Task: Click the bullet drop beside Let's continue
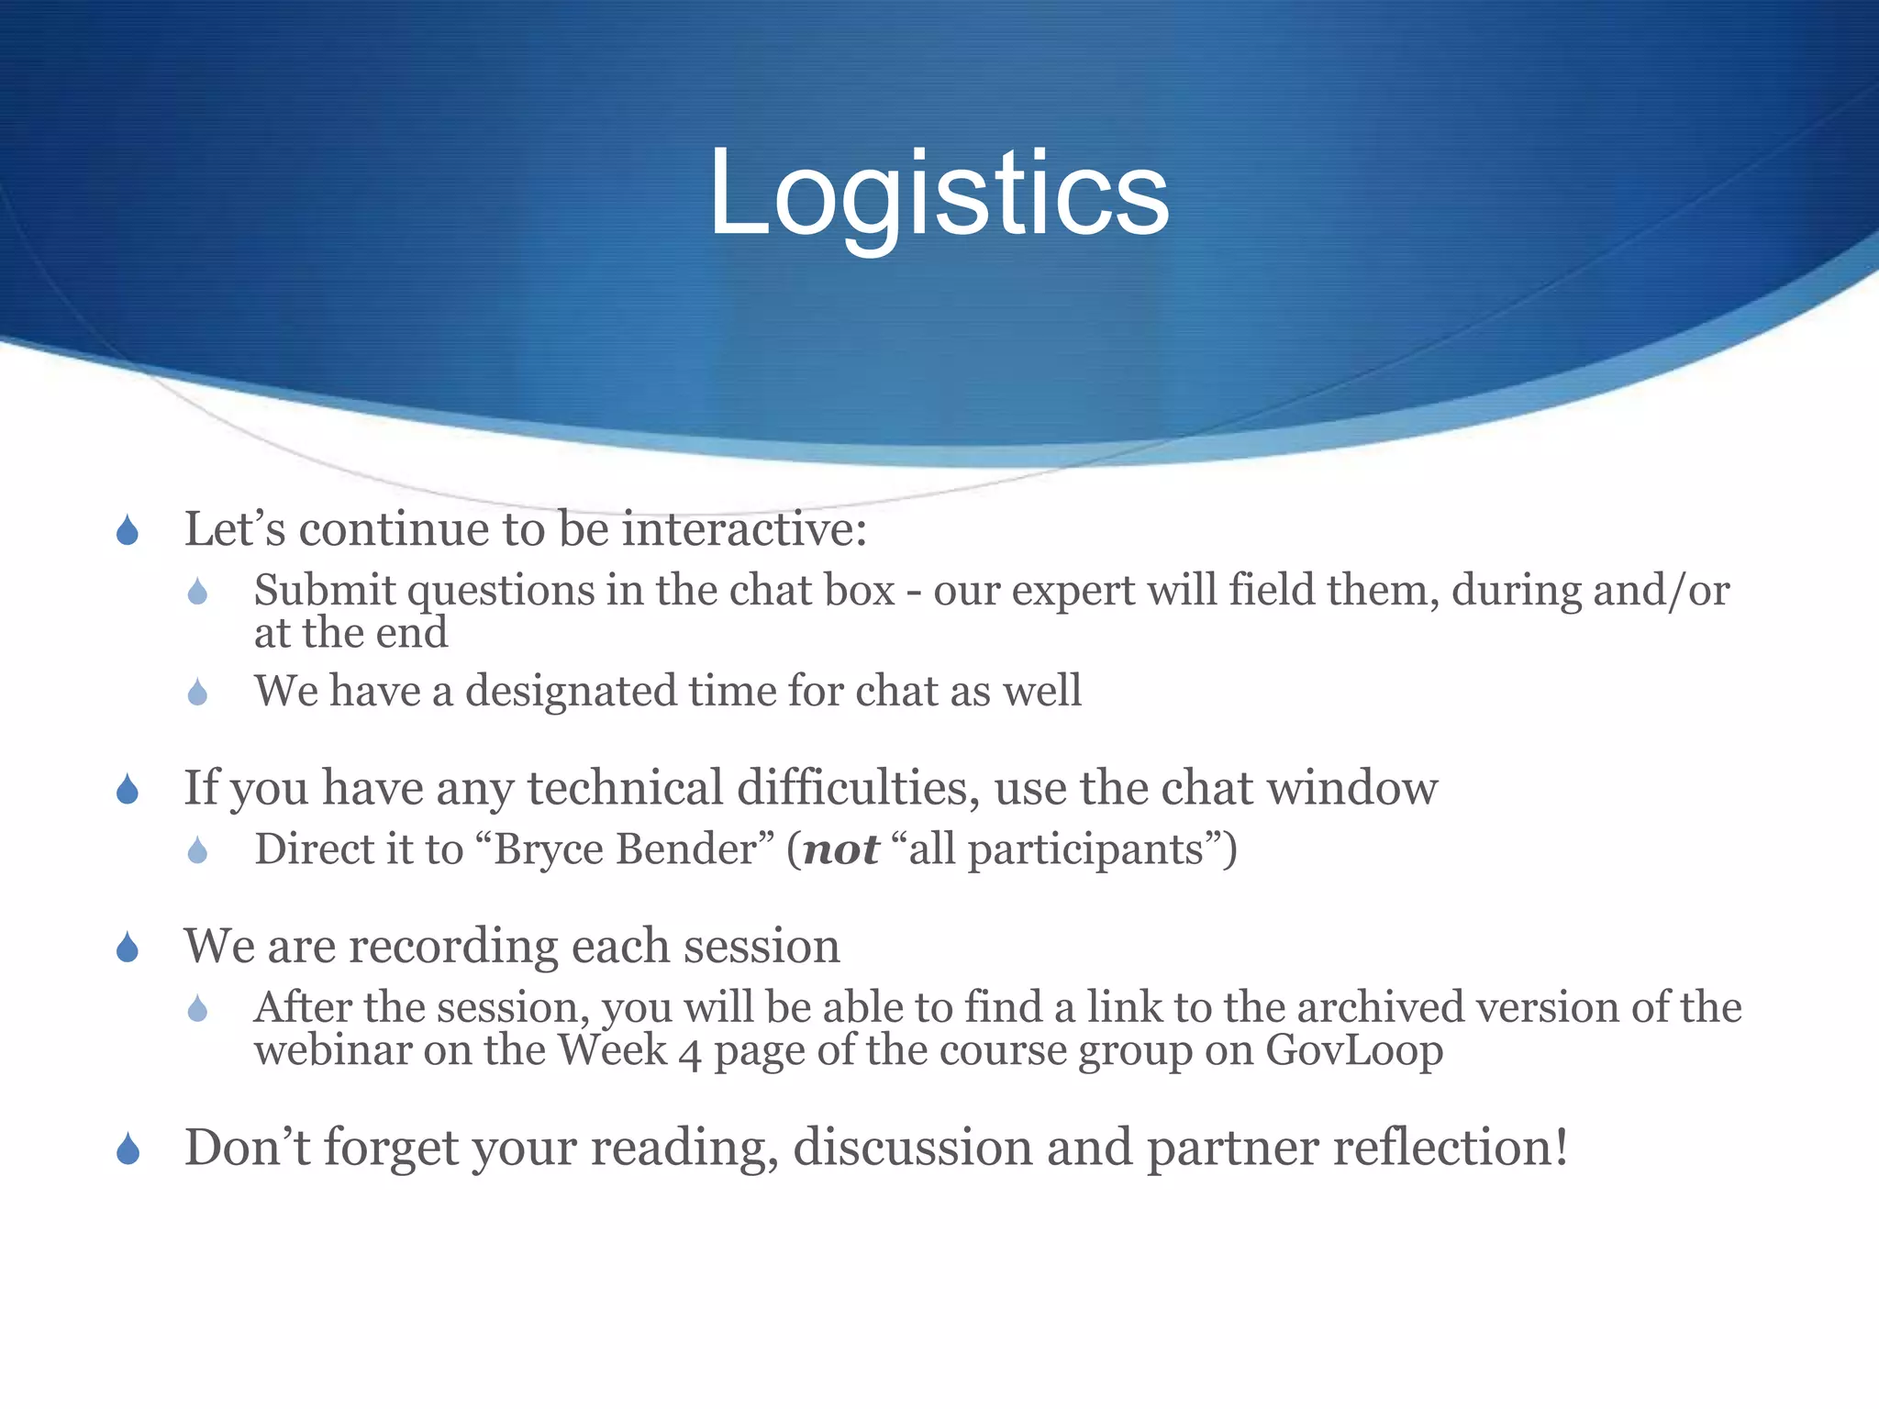point(128,531)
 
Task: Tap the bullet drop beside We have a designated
point(197,693)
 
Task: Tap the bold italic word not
point(840,849)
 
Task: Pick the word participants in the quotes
point(1085,849)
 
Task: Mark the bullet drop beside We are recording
point(128,949)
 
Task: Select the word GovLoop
point(1354,1051)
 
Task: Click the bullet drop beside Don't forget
point(128,1149)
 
